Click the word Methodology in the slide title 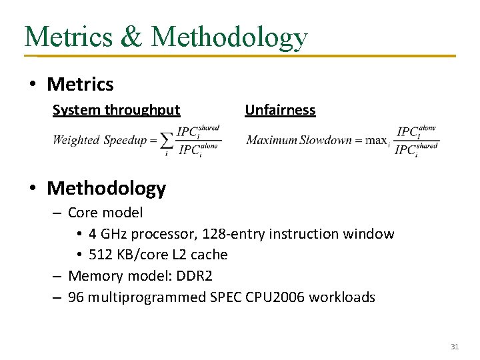(229, 37)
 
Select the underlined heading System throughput (116, 110)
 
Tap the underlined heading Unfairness (280, 110)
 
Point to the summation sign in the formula (166, 140)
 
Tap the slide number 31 (455, 347)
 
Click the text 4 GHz (108, 234)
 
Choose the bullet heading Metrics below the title (80, 85)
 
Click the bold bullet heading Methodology (106, 189)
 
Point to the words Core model (105, 213)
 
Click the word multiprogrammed (147, 297)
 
